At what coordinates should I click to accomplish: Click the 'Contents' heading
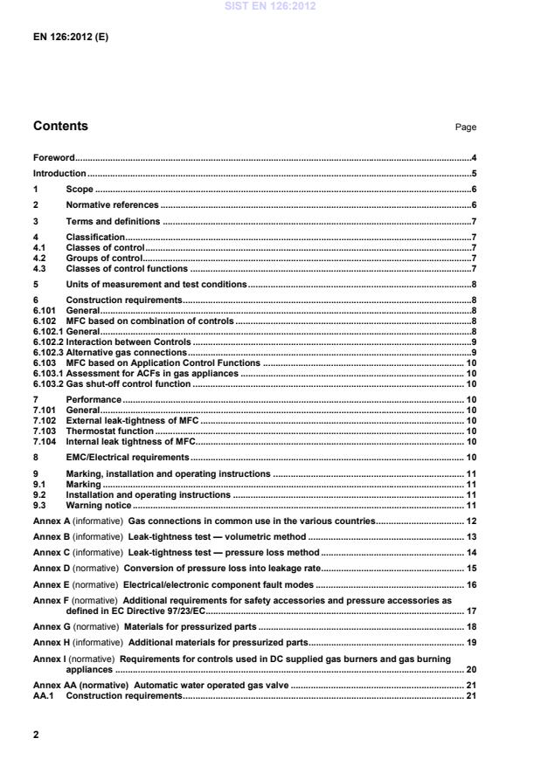[60, 127]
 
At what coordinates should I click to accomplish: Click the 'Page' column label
[465, 128]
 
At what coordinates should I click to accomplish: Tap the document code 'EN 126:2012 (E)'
[71, 39]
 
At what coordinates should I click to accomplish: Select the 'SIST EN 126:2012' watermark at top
[270, 7]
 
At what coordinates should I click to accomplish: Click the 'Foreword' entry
[53, 158]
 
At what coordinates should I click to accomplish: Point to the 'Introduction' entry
[59, 174]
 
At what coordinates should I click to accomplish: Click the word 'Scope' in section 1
[80, 190]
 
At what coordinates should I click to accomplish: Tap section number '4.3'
[39, 268]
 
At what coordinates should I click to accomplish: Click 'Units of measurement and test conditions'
[156, 285]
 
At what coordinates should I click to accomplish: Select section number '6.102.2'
[47, 342]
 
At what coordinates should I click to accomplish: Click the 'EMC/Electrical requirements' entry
[128, 457]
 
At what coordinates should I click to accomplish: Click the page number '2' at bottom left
[36, 735]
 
